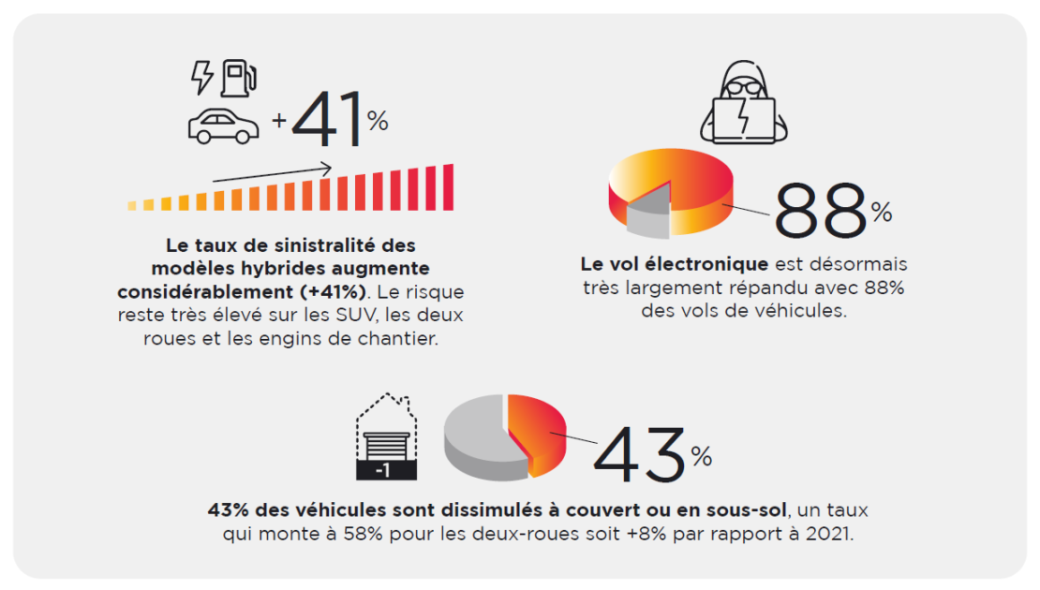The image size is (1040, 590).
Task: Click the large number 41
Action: point(328,122)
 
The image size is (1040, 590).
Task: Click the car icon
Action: point(223,125)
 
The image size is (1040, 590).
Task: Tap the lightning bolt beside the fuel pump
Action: point(201,78)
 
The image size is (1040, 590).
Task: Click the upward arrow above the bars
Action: point(272,172)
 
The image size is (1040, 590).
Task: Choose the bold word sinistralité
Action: point(323,246)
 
